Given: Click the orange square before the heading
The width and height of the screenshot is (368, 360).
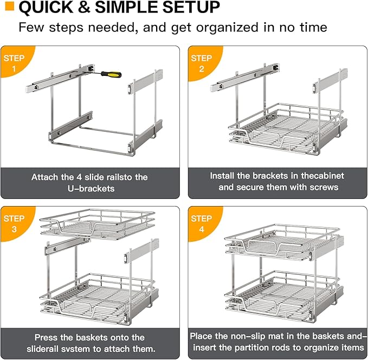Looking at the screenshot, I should (9, 8).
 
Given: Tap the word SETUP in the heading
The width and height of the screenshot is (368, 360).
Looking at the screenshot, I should (192, 8).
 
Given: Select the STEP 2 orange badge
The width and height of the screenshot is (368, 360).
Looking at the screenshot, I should (202, 62).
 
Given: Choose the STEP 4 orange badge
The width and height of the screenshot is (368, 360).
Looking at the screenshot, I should (202, 223).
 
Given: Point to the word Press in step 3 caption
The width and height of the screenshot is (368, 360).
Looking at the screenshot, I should (46, 337).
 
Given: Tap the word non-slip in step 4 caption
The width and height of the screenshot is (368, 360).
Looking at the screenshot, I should (251, 336).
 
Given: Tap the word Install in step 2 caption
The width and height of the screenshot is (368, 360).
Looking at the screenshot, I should (223, 176).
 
